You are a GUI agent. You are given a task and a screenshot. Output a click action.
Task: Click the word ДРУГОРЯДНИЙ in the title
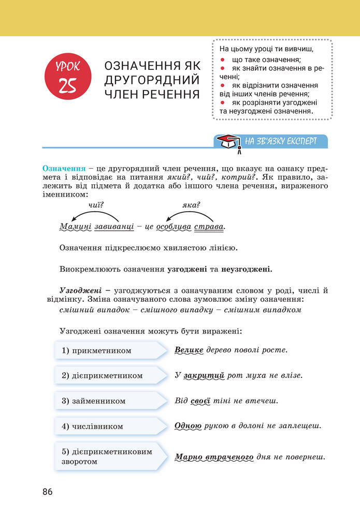[x=152, y=80]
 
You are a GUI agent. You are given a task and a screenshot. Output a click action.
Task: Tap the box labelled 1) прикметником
[x=109, y=350]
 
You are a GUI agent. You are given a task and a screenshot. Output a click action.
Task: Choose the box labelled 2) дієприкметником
[x=109, y=375]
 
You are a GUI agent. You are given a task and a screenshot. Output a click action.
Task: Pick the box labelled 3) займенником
[x=109, y=401]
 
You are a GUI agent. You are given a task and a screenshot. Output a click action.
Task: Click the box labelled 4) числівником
[x=109, y=427]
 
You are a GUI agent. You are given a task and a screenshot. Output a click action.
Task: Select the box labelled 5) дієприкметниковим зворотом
[x=109, y=457]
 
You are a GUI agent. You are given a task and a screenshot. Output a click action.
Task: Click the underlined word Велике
[x=189, y=350]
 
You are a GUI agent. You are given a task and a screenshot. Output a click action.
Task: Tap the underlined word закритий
[x=203, y=375]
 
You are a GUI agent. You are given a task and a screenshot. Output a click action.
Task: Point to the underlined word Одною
[x=188, y=427]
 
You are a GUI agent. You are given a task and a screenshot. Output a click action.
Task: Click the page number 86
[x=48, y=492]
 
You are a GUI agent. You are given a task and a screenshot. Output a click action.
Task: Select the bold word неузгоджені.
[x=247, y=269]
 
